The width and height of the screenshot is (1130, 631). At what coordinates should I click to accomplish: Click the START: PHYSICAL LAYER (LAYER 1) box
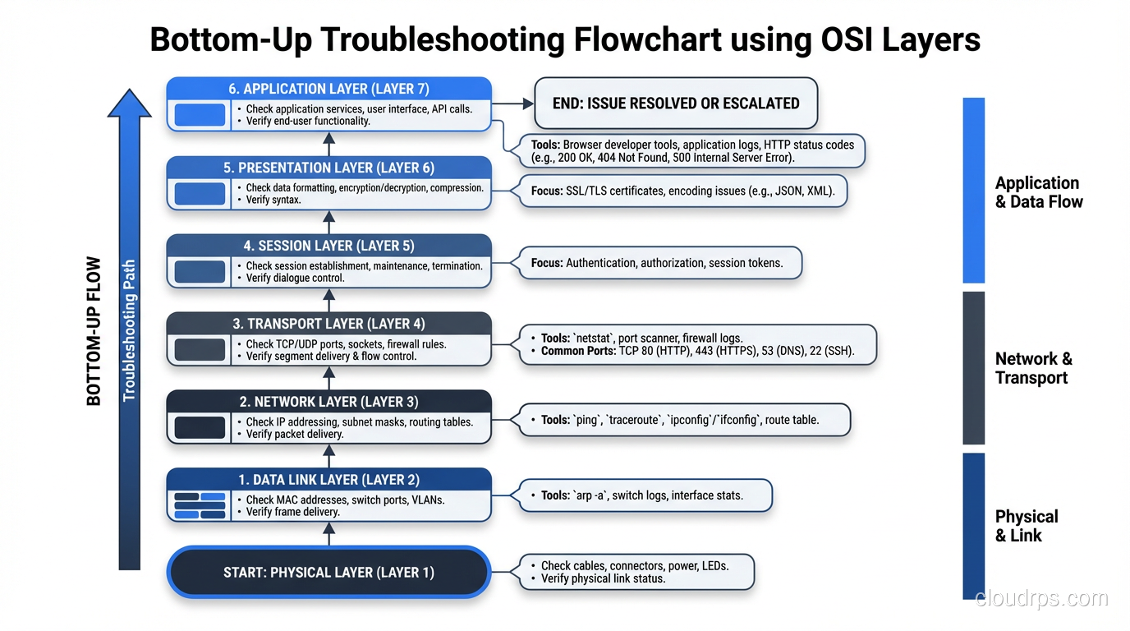(x=328, y=573)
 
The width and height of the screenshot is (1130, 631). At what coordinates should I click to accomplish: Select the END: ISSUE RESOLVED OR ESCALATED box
(x=676, y=104)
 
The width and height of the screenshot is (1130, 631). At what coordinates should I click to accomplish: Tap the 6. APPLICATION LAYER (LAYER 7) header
(x=328, y=89)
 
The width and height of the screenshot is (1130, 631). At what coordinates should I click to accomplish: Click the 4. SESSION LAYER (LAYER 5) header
(x=328, y=246)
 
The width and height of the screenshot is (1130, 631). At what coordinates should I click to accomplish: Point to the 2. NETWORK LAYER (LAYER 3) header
(x=328, y=402)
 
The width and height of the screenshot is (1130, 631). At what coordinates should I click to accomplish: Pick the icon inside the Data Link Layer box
(x=200, y=505)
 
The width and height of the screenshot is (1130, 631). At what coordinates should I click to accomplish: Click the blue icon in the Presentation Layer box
(x=200, y=194)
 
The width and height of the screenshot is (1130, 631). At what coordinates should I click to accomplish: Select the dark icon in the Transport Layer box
(x=200, y=349)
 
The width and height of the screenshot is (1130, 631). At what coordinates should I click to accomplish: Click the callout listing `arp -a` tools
(x=641, y=495)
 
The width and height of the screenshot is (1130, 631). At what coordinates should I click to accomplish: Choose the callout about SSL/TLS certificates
(x=682, y=191)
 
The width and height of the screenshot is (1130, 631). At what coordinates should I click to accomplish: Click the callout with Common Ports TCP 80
(x=697, y=344)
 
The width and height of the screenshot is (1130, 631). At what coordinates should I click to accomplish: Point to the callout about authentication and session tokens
(x=656, y=264)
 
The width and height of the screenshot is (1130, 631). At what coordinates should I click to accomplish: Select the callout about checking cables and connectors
(x=634, y=572)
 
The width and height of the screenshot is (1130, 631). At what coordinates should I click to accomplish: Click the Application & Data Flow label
(x=1038, y=192)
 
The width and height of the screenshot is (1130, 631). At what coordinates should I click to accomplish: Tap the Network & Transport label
(x=1033, y=368)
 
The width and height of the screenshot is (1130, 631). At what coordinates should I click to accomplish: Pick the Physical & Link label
(x=1026, y=526)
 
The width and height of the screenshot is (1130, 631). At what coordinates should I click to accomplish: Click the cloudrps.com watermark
(x=1040, y=598)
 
